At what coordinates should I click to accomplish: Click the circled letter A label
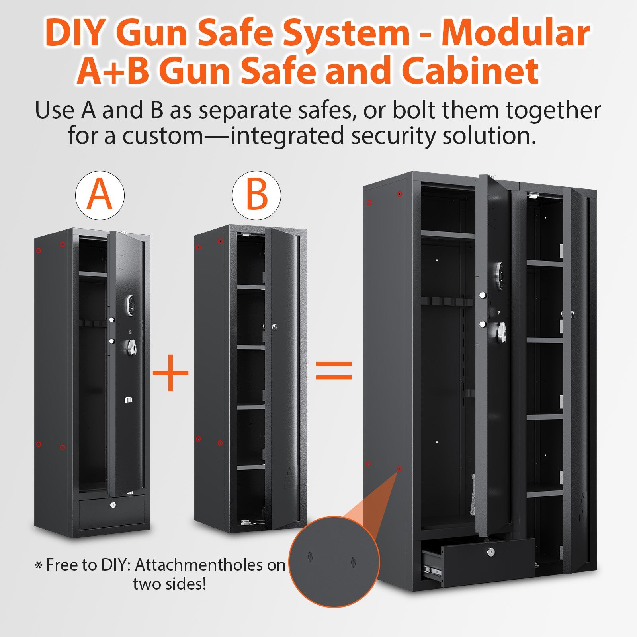pyautogui.click(x=100, y=195)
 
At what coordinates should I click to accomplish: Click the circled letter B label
pyautogui.click(x=256, y=195)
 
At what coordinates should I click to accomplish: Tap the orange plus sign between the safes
pyautogui.click(x=171, y=373)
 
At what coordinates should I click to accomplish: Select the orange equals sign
pyautogui.click(x=334, y=371)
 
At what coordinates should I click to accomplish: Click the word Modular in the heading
pyautogui.click(x=515, y=33)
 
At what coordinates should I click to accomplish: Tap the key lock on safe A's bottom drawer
pyautogui.click(x=113, y=505)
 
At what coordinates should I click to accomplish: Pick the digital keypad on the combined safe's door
pyautogui.click(x=499, y=274)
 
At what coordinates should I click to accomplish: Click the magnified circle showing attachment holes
pyautogui.click(x=334, y=561)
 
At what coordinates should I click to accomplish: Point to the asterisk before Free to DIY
pyautogui.click(x=39, y=565)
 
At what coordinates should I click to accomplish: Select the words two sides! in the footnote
pyautogui.click(x=170, y=584)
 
